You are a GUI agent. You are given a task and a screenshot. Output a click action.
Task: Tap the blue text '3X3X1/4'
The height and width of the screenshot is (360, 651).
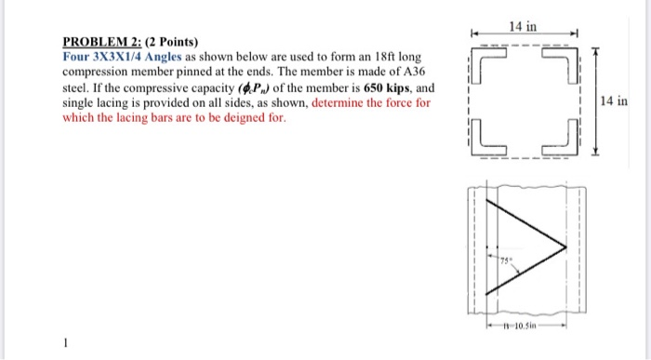click(128, 57)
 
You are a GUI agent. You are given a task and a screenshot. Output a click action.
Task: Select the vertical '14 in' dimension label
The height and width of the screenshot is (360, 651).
click(615, 100)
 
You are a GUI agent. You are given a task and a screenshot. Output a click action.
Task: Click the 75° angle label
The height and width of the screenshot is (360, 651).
click(503, 265)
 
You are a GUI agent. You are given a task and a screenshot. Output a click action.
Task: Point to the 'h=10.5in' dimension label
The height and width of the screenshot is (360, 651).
click(525, 327)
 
